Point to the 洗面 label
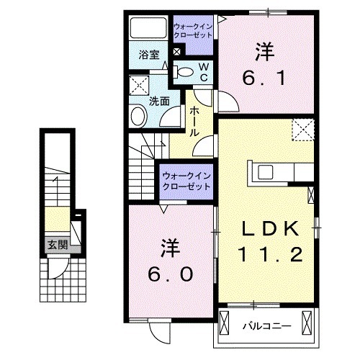[x=158, y=101]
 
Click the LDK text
[x=269, y=228]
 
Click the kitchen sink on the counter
[x=264, y=171]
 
